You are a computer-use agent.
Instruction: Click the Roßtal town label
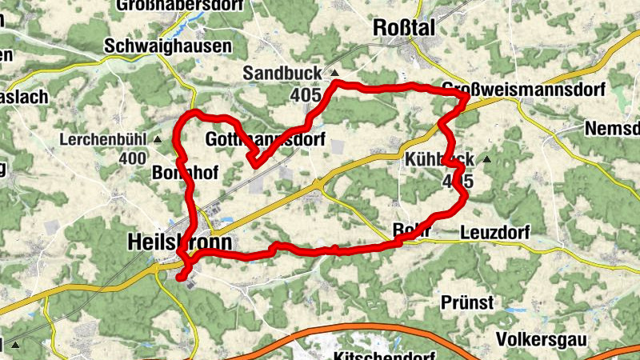404,28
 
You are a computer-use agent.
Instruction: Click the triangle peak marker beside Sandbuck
334,74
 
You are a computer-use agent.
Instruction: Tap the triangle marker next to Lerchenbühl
158,139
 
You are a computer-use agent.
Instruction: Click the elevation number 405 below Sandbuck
306,95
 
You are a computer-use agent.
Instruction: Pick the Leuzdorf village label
495,234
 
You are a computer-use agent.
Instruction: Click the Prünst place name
467,303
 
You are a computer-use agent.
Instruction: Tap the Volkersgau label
540,339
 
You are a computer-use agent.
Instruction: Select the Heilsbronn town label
179,242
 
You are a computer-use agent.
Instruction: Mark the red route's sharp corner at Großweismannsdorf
466,96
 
